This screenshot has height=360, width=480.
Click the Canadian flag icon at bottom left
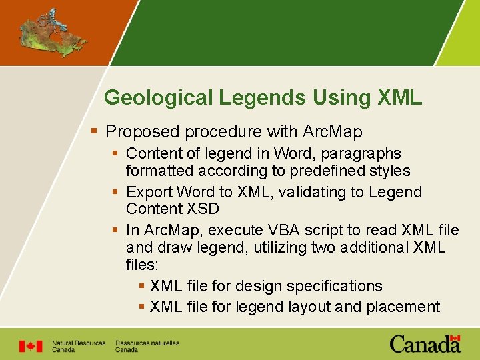[x=30, y=346]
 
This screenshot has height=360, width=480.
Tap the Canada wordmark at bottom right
[x=425, y=344]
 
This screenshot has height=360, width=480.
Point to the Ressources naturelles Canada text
[x=147, y=346]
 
